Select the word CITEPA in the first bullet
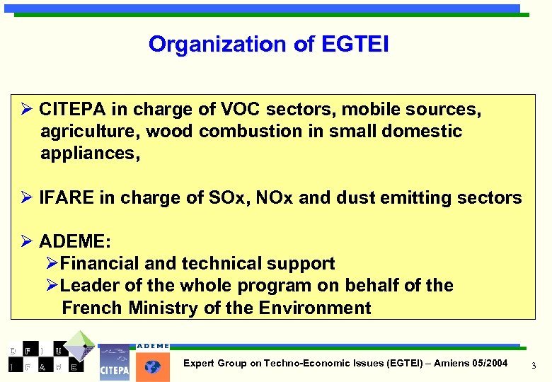coord(72,110)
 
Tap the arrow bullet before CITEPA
coord(26,110)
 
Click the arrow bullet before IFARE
coord(26,198)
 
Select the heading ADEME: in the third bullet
coord(75,242)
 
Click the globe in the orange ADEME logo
coord(153,366)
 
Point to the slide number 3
coord(534,365)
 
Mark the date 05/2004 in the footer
coord(489,363)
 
